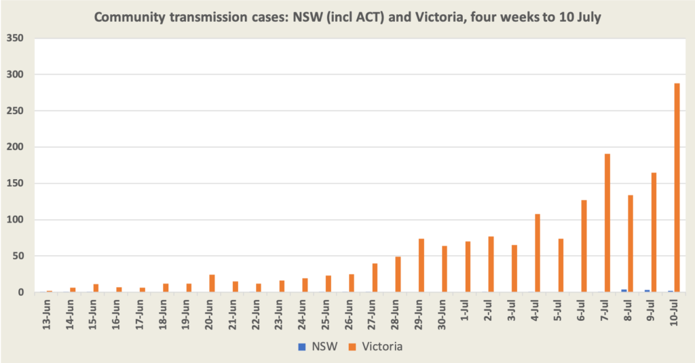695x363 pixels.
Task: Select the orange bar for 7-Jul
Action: [607, 223]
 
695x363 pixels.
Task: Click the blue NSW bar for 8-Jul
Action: [624, 290]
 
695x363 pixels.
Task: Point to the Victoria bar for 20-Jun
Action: [212, 284]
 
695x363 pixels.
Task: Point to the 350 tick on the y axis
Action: [15, 38]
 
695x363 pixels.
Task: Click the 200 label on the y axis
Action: [15, 147]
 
